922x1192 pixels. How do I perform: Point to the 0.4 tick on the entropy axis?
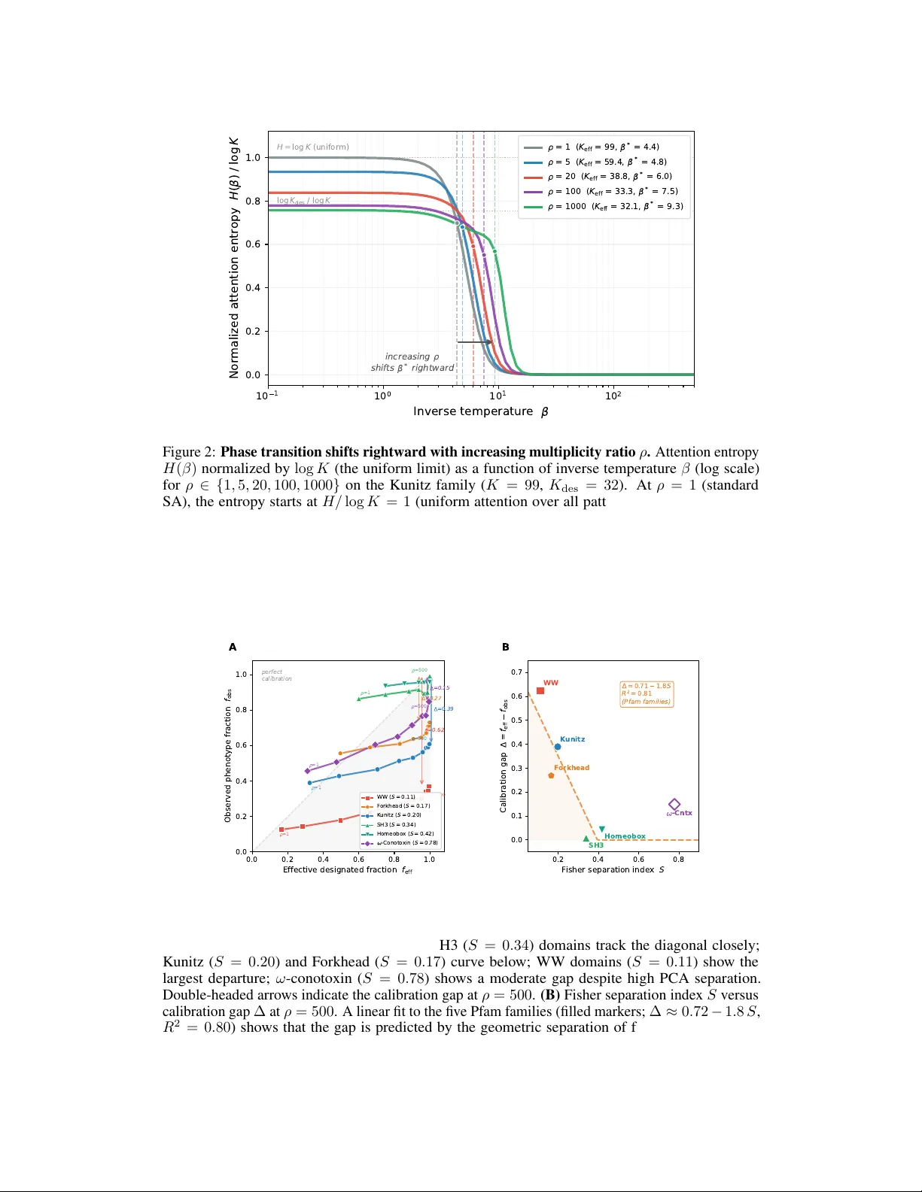[252, 288]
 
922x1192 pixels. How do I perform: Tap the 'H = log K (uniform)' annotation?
[312, 147]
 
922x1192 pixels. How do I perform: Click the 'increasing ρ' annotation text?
[412, 356]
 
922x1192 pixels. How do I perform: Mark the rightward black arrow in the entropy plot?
[474, 342]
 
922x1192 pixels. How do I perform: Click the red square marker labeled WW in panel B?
[540, 690]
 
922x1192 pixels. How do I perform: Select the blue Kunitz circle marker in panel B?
[558, 747]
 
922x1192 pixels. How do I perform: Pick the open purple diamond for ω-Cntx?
[674, 805]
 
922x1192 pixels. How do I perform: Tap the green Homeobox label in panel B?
[625, 836]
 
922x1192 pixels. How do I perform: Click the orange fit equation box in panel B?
[646, 693]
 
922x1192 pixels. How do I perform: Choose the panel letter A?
[233, 647]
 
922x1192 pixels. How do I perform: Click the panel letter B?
[506, 647]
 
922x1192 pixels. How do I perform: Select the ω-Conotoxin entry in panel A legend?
[405, 843]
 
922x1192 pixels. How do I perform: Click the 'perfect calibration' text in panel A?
[276, 675]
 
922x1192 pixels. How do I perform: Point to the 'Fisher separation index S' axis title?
[612, 869]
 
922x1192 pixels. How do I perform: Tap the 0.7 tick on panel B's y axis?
[516, 672]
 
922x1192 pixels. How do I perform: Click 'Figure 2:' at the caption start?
[190, 452]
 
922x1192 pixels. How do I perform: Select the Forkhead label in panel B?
[572, 768]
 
